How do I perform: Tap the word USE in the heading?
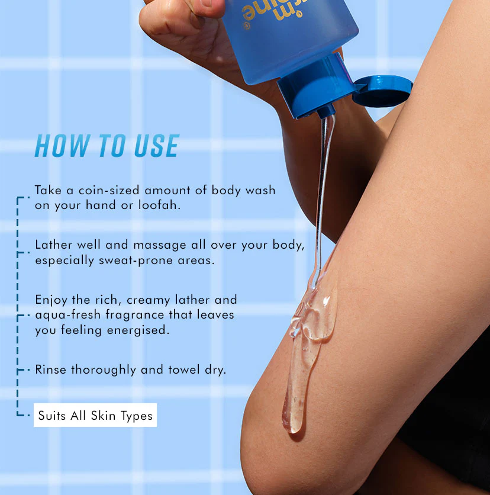coord(157,146)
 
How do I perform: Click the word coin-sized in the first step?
coord(109,190)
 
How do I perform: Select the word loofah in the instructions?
coord(159,205)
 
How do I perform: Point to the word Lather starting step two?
coord(53,245)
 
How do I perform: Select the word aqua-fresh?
coord(68,315)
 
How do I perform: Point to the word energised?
coord(138,330)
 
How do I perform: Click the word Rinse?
coord(50,369)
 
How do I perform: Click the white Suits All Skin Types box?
coord(95,415)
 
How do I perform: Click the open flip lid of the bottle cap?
coord(382,91)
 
